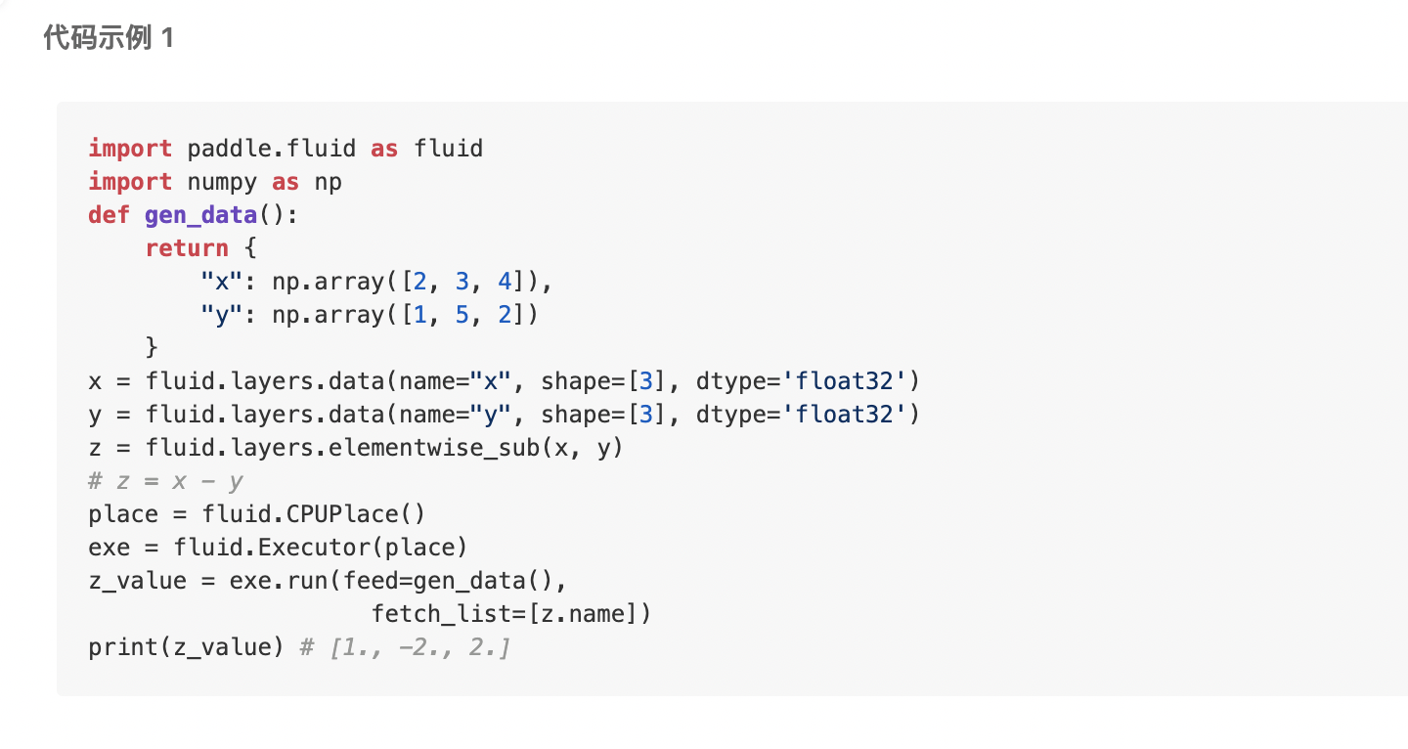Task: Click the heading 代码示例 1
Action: click(x=109, y=39)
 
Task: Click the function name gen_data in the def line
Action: click(x=200, y=215)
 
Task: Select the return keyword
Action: click(x=187, y=248)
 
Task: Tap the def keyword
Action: click(x=109, y=215)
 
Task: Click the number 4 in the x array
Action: click(x=505, y=282)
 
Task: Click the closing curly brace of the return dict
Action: click(x=152, y=348)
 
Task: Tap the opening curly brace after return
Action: click(x=250, y=248)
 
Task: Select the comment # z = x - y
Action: click(x=165, y=481)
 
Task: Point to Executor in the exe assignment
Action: click(x=314, y=548)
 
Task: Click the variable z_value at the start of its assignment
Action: click(x=137, y=581)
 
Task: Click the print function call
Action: click(x=115, y=647)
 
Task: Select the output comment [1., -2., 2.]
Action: click(x=419, y=647)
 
